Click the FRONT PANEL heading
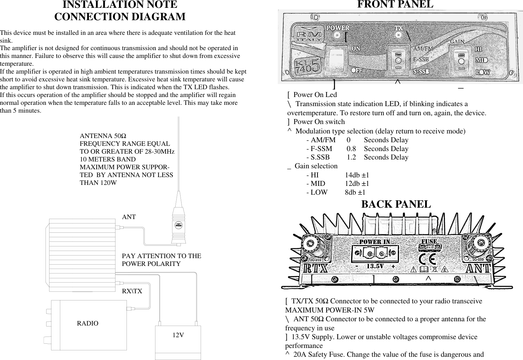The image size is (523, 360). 395,5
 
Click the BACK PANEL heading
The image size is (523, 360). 396,204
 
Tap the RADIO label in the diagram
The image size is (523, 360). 87,324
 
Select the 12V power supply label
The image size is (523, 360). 178,335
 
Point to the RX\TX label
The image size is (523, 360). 132,291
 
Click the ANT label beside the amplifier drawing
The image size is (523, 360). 129,217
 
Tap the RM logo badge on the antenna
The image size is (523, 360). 178,225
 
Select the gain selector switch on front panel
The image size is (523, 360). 461,61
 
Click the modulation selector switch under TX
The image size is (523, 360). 398,61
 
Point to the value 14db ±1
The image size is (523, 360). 357,175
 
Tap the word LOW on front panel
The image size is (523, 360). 483,72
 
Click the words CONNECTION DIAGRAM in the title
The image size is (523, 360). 120,17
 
